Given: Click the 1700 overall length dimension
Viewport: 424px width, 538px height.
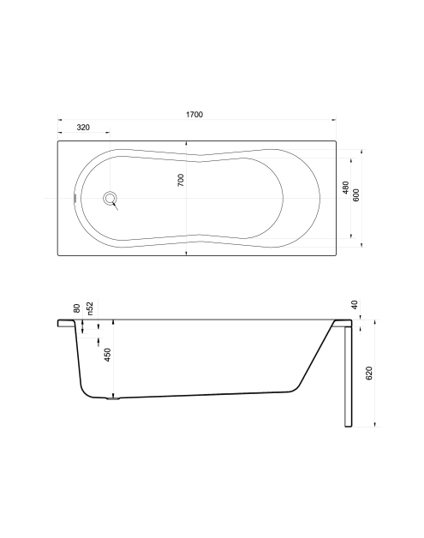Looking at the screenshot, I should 194,115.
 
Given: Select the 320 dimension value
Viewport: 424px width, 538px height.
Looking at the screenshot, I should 83,127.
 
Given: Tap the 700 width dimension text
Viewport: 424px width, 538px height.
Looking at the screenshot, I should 181,180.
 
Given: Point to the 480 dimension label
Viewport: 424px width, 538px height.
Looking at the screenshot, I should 345,190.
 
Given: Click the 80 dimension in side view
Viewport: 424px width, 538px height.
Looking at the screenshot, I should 77,308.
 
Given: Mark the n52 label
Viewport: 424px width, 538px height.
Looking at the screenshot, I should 89,308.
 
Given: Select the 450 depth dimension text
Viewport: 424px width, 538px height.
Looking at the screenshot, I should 107,355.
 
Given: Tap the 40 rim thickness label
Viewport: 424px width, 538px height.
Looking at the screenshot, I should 354,304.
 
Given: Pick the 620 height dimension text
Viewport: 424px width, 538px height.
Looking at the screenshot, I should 369,374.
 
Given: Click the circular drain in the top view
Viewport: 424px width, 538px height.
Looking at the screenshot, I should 110,199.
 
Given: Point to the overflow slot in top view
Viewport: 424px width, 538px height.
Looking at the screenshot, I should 75,198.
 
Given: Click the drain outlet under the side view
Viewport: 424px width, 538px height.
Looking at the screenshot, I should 113,398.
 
